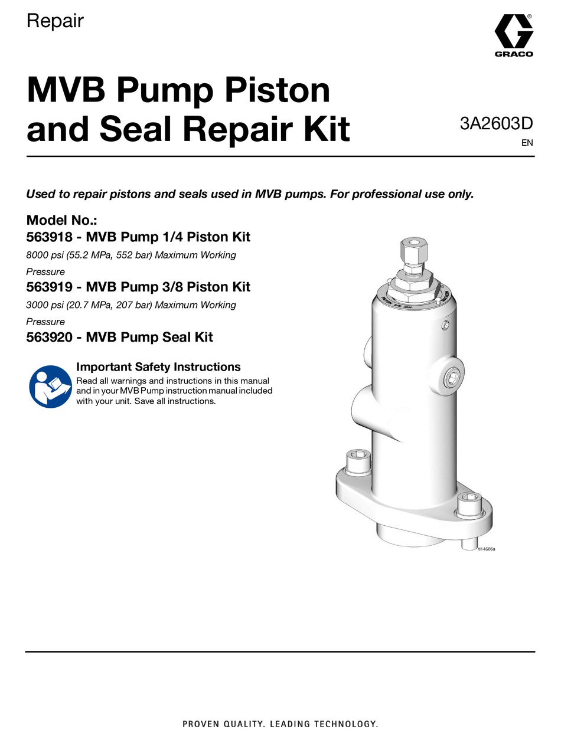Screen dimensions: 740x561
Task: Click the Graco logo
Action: [513, 35]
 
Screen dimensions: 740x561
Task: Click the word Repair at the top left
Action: [55, 21]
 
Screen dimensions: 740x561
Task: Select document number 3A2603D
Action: [497, 125]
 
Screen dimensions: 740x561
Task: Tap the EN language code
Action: [527, 142]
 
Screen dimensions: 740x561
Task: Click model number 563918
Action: [47, 237]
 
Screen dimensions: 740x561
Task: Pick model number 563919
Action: [47, 287]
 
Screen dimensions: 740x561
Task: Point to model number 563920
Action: [47, 337]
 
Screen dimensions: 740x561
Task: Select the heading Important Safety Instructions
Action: [158, 366]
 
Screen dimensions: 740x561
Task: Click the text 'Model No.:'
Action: [62, 221]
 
